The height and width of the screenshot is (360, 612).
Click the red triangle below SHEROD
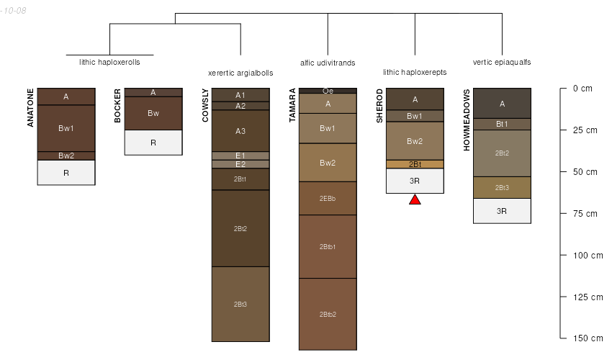pyautogui.click(x=415, y=199)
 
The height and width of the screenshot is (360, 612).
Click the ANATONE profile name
pyautogui.click(x=31, y=107)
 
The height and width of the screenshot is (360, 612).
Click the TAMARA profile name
pyautogui.click(x=292, y=106)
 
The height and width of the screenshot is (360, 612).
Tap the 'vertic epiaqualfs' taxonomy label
pyautogui.click(x=502, y=63)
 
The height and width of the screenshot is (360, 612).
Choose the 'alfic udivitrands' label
pyautogui.click(x=328, y=63)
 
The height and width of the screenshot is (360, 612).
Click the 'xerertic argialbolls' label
pyautogui.click(x=240, y=73)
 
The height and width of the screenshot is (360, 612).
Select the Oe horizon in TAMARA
pyautogui.click(x=328, y=91)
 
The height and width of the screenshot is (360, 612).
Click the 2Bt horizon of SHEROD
pyautogui.click(x=415, y=164)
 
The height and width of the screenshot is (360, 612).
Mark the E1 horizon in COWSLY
pyautogui.click(x=240, y=156)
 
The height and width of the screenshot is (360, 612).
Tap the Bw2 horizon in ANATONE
pyautogui.click(x=66, y=156)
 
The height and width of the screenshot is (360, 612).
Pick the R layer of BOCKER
pyautogui.click(x=153, y=143)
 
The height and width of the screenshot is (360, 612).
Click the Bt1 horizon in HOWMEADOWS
pyautogui.click(x=502, y=124)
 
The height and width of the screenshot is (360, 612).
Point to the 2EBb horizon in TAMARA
pyautogui.click(x=328, y=198)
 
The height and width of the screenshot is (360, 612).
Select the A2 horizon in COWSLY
pyautogui.click(x=240, y=106)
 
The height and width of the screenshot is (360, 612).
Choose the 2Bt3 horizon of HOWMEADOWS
pyautogui.click(x=502, y=187)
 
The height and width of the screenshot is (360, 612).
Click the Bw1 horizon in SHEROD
pyautogui.click(x=415, y=116)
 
